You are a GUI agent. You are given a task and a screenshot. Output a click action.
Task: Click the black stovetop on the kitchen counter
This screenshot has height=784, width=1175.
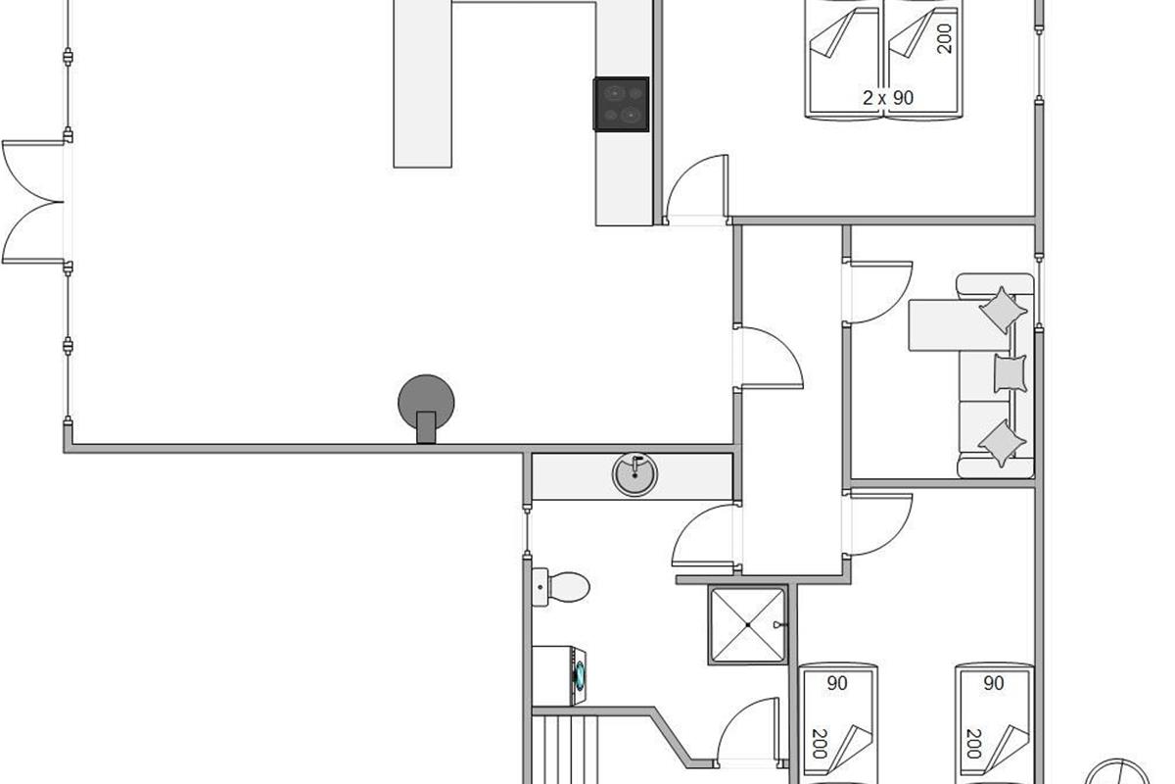pyautogui.click(x=621, y=103)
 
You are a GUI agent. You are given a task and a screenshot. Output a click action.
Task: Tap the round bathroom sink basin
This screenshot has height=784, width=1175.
pyautogui.click(x=634, y=473)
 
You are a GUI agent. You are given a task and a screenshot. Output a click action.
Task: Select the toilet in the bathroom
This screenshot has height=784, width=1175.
pyautogui.click(x=562, y=587)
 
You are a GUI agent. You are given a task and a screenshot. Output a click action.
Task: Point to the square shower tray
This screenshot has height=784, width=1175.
pyautogui.click(x=748, y=624)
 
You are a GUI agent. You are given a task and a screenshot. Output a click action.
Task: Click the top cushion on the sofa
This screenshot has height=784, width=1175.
pyautogui.click(x=1004, y=310)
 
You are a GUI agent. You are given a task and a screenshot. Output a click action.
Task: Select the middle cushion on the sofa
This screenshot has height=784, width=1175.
pyautogui.click(x=1010, y=373)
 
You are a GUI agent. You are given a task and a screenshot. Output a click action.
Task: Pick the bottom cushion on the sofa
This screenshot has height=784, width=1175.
pyautogui.click(x=1004, y=442)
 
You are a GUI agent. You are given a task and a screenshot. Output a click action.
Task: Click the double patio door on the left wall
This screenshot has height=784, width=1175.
pyautogui.click(x=34, y=202)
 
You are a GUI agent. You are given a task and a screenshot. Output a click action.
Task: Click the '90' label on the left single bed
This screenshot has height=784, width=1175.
pyautogui.click(x=836, y=684)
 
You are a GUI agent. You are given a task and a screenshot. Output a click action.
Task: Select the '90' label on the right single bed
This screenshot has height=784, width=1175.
pyautogui.click(x=993, y=684)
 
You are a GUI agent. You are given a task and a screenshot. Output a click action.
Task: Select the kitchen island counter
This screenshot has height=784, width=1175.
pyautogui.click(x=423, y=83)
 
